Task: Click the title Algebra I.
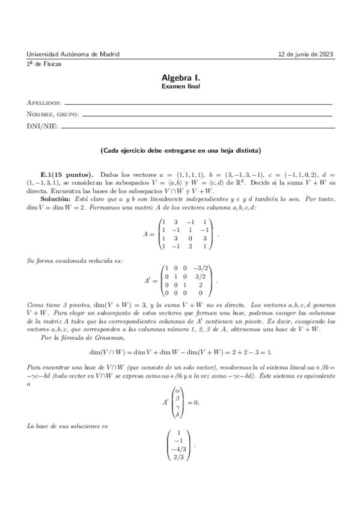click(x=180, y=78)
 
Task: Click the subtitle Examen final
click(x=180, y=87)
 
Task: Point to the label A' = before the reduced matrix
click(x=154, y=281)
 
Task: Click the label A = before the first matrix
click(x=150, y=235)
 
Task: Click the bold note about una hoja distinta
click(x=180, y=150)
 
